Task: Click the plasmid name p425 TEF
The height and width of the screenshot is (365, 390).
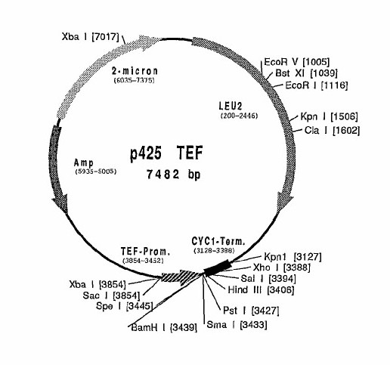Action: click(166, 153)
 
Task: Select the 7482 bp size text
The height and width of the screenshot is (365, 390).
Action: click(174, 175)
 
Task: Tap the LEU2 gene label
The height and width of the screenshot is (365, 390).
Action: click(231, 107)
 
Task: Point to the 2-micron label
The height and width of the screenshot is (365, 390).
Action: click(135, 71)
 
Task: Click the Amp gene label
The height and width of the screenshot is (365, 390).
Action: click(84, 163)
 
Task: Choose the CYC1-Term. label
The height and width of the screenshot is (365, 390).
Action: click(218, 241)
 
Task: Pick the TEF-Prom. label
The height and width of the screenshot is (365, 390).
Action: click(145, 252)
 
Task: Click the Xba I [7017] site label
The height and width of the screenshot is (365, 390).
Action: click(90, 37)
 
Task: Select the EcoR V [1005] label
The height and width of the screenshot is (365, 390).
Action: click(296, 62)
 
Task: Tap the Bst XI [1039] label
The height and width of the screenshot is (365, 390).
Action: click(306, 73)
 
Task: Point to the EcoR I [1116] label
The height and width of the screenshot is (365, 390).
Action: click(317, 85)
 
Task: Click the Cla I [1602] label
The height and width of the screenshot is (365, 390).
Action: click(332, 131)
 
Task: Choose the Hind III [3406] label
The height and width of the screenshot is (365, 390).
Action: click(261, 289)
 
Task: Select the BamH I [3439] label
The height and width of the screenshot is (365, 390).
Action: click(164, 327)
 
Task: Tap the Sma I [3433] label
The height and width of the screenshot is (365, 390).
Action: click(237, 325)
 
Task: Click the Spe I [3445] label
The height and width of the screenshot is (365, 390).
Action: click(125, 306)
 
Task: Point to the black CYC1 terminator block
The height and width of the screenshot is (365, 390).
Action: click(217, 268)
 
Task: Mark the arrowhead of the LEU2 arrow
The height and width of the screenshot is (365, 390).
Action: click(284, 202)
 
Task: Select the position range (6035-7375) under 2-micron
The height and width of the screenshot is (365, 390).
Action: click(134, 80)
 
